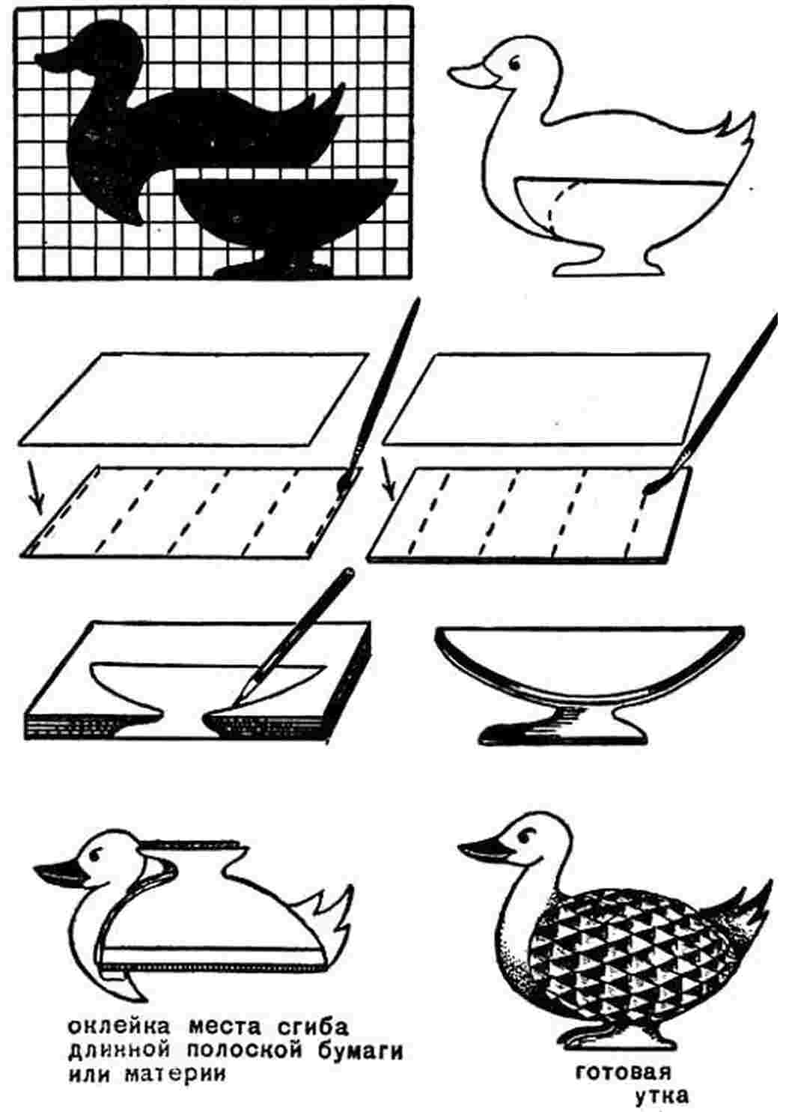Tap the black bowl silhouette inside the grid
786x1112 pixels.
coord(285,219)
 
